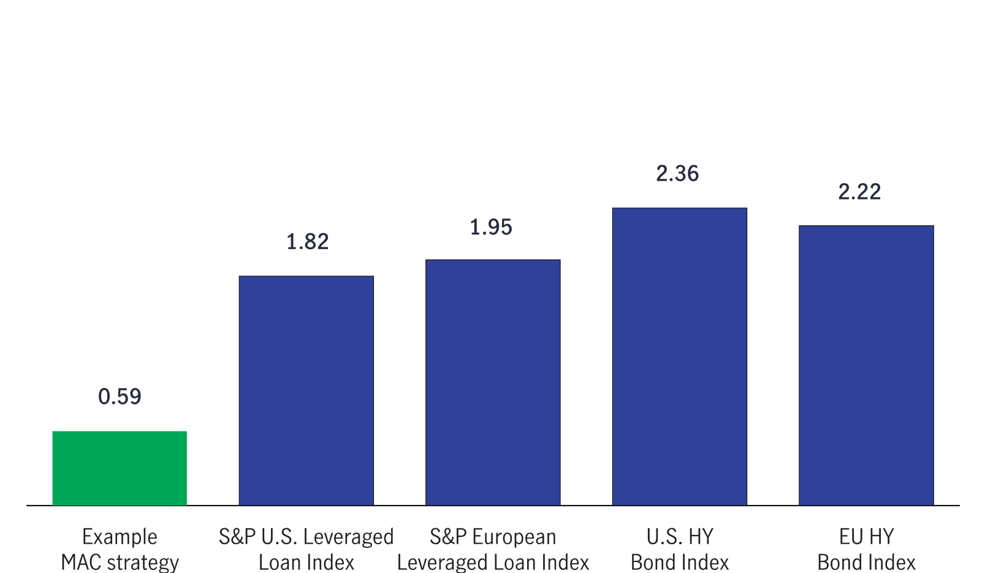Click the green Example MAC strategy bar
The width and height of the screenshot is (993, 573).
point(120,468)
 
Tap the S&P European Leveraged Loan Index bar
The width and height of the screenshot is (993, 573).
point(493,383)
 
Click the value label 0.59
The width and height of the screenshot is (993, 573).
point(120,397)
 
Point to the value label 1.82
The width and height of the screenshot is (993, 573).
point(307,242)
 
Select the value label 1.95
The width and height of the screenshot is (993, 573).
point(490,227)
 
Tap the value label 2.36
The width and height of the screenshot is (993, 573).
point(677,174)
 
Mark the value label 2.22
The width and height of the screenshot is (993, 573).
point(859,192)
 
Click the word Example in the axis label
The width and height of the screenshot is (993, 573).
point(120,537)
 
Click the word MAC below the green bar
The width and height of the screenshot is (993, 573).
point(81,562)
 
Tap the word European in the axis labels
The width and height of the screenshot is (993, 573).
point(514,537)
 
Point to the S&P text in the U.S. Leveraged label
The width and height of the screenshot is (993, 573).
point(237,537)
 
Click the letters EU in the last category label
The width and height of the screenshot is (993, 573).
point(851,537)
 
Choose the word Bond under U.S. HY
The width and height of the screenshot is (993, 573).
point(653,562)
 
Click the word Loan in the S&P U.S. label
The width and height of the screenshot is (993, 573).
point(279,562)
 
